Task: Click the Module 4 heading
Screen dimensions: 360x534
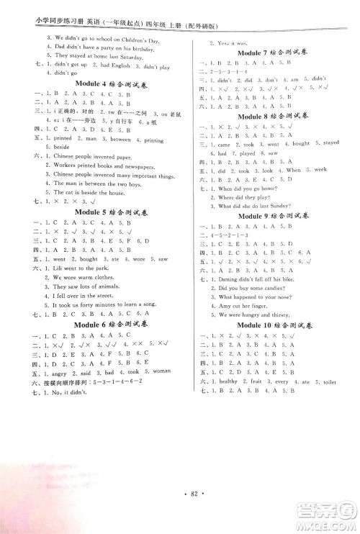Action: [110, 104]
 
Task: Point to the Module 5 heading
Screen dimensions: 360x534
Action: [110, 212]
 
